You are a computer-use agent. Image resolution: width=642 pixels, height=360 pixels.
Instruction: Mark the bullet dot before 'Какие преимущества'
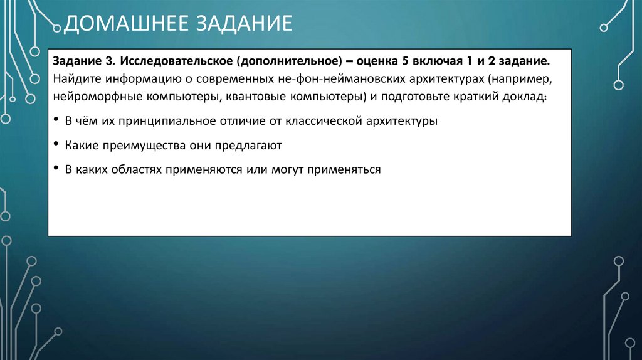click(56, 144)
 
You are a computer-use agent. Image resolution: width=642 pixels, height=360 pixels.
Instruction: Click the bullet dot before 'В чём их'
click(56, 120)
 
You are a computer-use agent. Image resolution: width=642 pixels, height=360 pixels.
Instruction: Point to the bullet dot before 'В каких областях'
click(56, 168)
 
